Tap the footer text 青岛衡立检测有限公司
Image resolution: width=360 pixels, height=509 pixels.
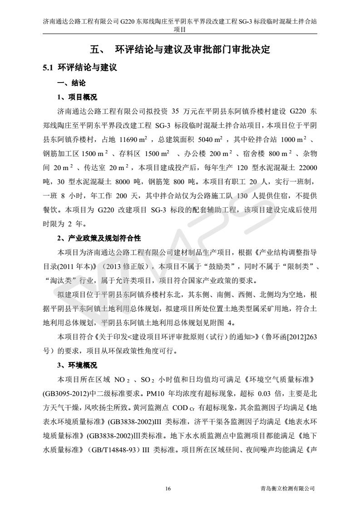286,489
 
